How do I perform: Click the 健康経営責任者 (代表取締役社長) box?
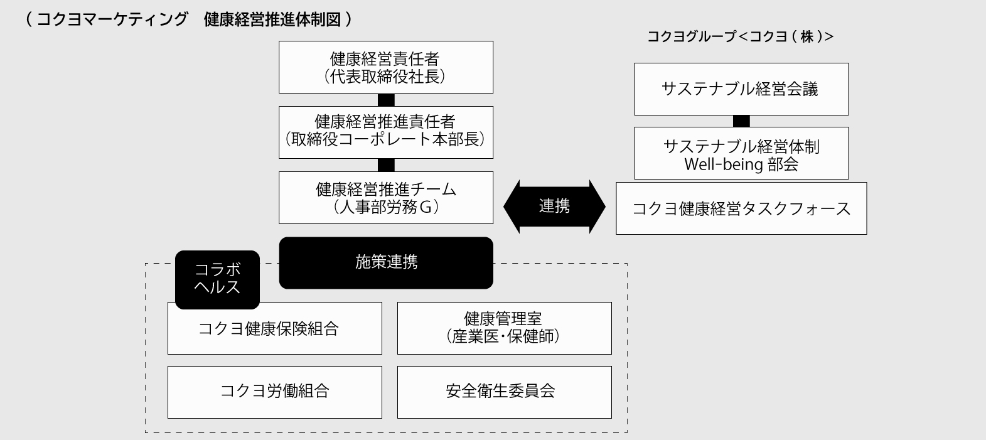tap(386, 67)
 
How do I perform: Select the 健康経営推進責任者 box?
tap(386, 132)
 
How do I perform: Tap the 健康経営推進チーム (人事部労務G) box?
tap(386, 198)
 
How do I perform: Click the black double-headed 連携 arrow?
tap(554, 207)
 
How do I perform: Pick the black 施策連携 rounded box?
tap(386, 262)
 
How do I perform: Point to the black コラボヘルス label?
tap(217, 279)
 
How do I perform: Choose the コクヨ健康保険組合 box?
tap(274, 328)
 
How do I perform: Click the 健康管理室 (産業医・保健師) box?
tap(504, 328)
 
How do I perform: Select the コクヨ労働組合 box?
tap(274, 392)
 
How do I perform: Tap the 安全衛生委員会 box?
tap(504, 392)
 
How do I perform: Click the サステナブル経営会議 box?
tap(741, 89)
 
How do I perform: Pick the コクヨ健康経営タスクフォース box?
tap(741, 208)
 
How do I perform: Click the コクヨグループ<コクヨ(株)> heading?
tap(740, 37)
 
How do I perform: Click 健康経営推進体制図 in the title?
tap(272, 19)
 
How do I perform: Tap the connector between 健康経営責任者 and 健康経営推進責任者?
tap(386, 100)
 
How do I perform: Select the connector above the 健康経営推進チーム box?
tap(386, 165)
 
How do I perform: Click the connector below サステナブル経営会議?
tap(741, 121)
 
